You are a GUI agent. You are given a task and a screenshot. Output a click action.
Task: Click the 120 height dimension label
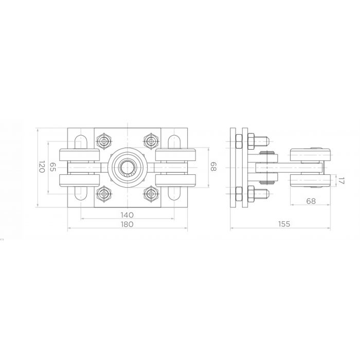coord(41,167)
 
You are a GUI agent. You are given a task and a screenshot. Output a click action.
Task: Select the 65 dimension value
coord(53,167)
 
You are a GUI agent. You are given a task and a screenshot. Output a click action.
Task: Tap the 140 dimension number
coord(127,215)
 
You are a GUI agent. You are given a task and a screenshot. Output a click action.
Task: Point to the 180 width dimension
coord(127,224)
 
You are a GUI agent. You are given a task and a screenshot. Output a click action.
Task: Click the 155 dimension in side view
coord(284,224)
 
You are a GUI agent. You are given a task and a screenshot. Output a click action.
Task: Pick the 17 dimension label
coord(341,181)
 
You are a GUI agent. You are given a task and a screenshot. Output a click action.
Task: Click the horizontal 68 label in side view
coord(311,201)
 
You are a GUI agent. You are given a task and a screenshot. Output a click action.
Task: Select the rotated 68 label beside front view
coord(213,167)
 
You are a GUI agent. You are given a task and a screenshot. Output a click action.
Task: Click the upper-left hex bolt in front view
coord(104,141)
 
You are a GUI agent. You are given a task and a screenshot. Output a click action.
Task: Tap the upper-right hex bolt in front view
coord(151,141)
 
